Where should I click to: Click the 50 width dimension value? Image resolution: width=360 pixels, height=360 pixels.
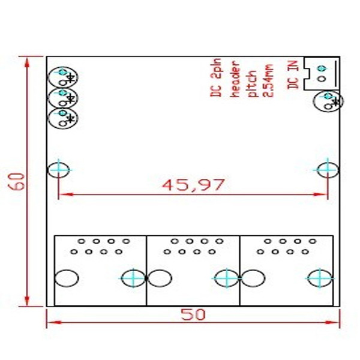click(x=193, y=314)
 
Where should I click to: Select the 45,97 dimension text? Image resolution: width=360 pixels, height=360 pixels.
click(x=193, y=185)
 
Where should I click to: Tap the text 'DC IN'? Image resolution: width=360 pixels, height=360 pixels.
click(x=293, y=75)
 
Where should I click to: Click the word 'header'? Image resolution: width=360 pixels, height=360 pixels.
click(x=235, y=79)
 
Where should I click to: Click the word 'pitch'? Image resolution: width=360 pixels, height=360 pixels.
click(x=252, y=83)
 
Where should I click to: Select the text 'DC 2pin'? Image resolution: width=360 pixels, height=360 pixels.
click(x=216, y=77)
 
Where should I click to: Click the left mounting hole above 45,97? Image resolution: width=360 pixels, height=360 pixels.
click(x=58, y=170)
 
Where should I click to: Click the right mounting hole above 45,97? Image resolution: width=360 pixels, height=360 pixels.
click(x=328, y=170)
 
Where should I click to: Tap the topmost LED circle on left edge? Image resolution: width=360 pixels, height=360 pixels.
click(x=63, y=77)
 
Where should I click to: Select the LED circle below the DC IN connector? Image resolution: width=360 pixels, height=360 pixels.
click(x=328, y=101)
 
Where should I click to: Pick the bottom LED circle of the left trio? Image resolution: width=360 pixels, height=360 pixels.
click(x=63, y=118)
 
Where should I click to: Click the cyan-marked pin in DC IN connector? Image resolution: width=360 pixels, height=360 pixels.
click(x=322, y=68)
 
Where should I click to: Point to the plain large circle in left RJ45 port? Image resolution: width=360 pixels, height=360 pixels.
click(x=67, y=278)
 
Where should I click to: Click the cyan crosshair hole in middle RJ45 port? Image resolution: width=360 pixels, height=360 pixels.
click(x=227, y=278)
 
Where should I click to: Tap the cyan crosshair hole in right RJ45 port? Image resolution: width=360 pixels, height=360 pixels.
click(x=320, y=278)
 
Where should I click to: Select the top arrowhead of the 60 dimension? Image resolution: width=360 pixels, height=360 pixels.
click(x=27, y=62)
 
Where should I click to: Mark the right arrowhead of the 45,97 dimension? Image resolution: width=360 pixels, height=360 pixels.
click(x=320, y=194)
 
